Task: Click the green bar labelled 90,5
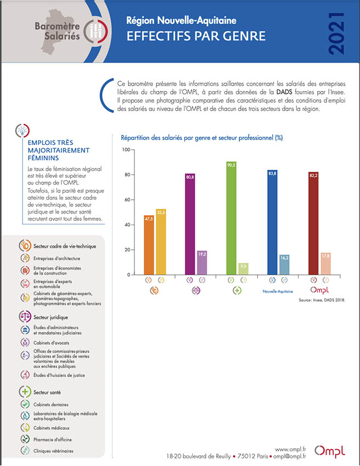coord(231,218)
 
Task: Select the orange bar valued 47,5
coord(149,245)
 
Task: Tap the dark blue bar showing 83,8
coord(272,222)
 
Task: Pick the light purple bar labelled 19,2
coord(202,263)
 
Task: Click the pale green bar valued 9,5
coord(243,268)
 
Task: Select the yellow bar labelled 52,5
coord(161,242)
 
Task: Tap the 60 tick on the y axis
coord(127,200)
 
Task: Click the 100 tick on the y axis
coord(126,149)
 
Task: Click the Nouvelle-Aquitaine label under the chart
coord(278,291)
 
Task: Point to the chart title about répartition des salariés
coord(202,138)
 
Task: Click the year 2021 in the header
coord(337,33)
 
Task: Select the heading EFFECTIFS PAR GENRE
coord(196,36)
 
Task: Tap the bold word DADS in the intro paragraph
coord(284,92)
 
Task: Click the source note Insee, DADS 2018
coord(322,300)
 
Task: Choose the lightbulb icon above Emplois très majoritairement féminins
coord(22,131)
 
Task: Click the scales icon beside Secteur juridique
coord(25,317)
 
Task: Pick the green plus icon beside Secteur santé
coord(25,392)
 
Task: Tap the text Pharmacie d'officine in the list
coord(53,440)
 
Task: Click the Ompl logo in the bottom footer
coord(330,451)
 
